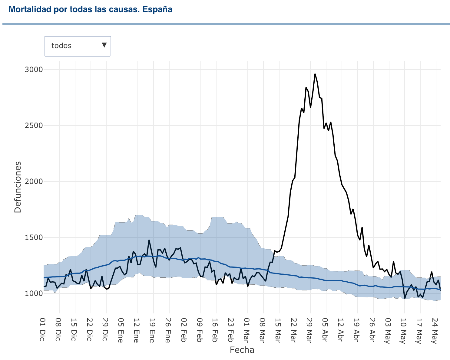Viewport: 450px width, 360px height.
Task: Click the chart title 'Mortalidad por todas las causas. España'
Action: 91,9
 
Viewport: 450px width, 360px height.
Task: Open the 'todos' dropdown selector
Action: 77,46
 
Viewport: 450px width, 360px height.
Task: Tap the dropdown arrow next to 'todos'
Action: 104,45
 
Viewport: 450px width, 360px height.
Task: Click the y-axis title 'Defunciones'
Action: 18,187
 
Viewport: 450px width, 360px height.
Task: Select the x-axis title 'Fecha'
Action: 242,350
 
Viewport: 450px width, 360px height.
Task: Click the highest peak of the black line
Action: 315,74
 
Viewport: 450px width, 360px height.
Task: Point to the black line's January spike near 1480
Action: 149,240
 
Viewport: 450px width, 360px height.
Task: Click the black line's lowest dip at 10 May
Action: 405,298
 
